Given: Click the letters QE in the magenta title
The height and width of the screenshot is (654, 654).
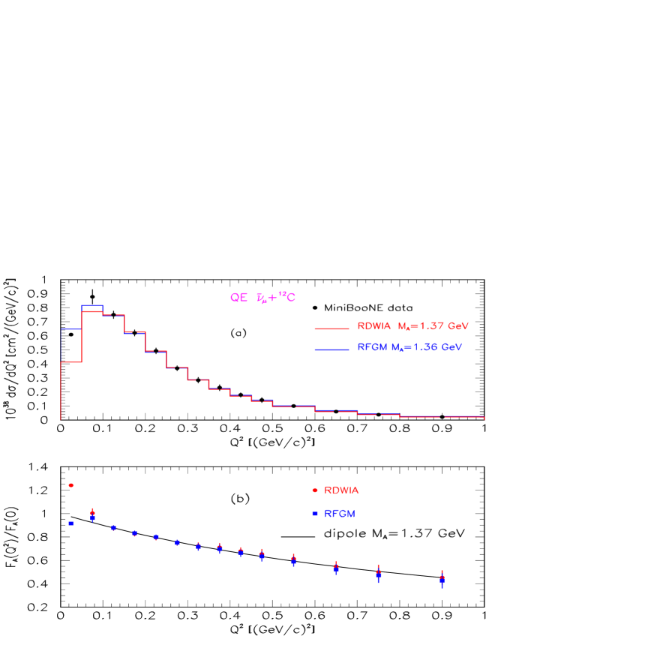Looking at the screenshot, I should pyautogui.click(x=238, y=298).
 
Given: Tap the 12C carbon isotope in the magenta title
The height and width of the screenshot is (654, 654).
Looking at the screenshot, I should pyautogui.click(x=288, y=298).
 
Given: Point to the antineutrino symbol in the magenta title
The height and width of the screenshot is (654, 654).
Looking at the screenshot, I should pyautogui.click(x=261, y=298).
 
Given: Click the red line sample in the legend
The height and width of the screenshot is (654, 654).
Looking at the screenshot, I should pyautogui.click(x=331, y=328).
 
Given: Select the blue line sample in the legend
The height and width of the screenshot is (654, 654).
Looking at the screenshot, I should pyautogui.click(x=331, y=349).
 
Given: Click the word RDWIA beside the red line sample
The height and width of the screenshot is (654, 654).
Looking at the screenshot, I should pyautogui.click(x=374, y=326).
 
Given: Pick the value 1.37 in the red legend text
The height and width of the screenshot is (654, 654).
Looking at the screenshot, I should pyautogui.click(x=433, y=326).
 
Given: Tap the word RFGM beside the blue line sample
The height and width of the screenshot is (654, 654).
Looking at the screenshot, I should pyautogui.click(x=372, y=347).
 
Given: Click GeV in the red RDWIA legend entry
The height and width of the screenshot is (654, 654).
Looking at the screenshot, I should pyautogui.click(x=459, y=326).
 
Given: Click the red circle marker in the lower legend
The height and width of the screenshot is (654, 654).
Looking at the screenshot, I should pyautogui.click(x=315, y=490).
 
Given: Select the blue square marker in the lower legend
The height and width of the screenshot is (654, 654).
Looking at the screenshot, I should pyautogui.click(x=315, y=514).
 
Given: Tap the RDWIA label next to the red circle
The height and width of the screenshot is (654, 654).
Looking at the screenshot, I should pyautogui.click(x=341, y=490).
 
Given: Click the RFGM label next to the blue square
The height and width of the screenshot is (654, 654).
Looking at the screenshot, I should pyautogui.click(x=340, y=514).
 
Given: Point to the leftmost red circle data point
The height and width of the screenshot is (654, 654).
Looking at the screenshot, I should pyautogui.click(x=71, y=485).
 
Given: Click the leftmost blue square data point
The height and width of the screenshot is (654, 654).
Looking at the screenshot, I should pyautogui.click(x=71, y=523).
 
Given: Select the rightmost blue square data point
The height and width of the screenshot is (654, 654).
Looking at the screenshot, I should pyautogui.click(x=442, y=580).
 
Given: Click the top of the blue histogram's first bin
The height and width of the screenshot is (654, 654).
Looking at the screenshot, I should pyautogui.click(x=71, y=329).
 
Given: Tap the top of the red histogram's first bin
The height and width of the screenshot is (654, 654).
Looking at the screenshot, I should pyautogui.click(x=71, y=362).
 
